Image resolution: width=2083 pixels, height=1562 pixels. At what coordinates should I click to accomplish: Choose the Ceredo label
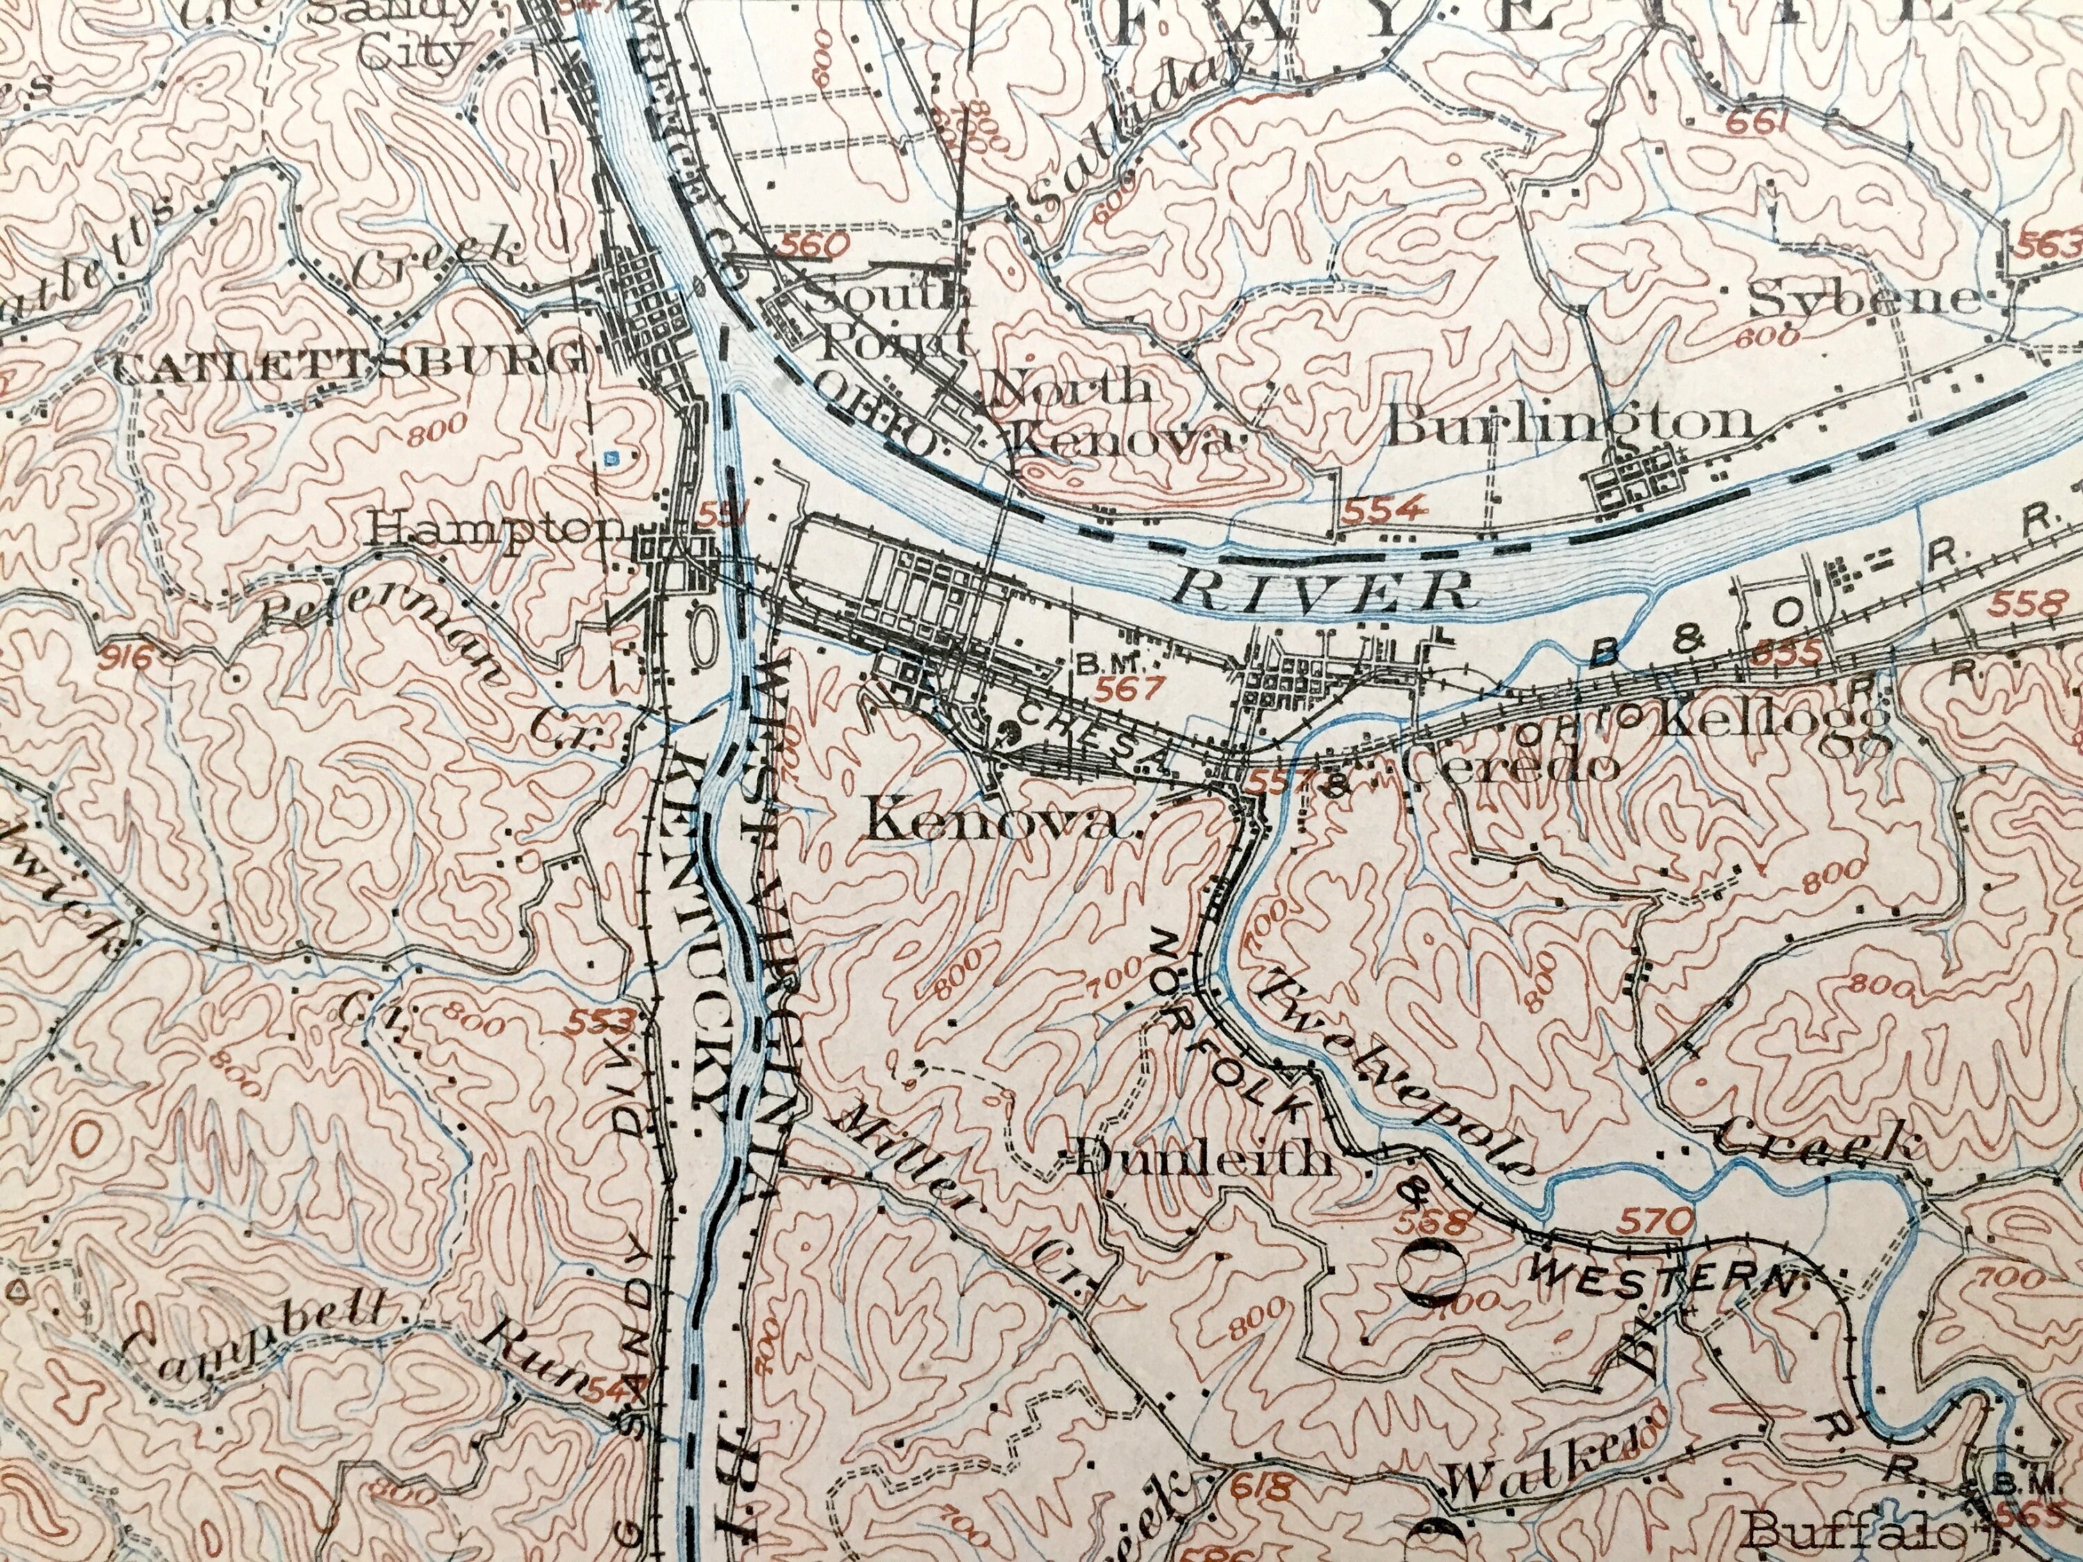click(1509, 764)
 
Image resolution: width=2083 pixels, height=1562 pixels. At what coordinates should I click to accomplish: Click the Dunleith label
click(1203, 1160)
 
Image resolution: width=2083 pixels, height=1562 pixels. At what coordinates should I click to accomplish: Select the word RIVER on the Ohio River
click(1322, 590)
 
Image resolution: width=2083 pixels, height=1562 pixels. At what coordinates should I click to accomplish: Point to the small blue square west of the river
click(611, 458)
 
